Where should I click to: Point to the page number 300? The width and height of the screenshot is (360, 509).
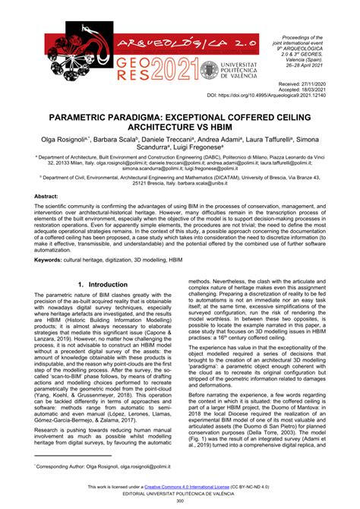[180, 502]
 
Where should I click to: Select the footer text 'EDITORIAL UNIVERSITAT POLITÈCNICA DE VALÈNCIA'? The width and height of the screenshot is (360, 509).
[180, 495]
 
